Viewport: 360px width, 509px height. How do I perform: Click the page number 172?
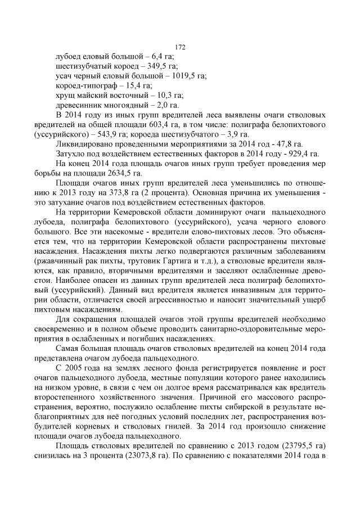coord(180,47)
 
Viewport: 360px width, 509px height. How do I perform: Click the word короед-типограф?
coord(84,85)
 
